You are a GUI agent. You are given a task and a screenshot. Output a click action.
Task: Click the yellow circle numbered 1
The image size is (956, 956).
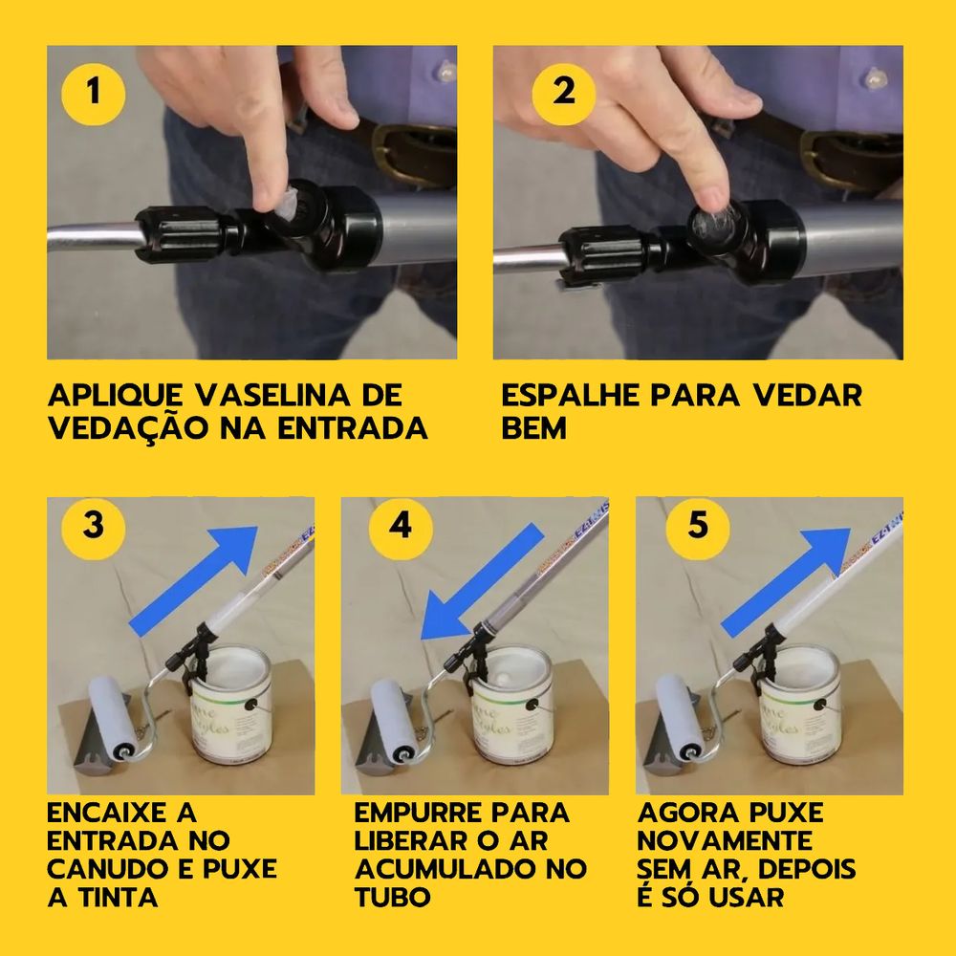point(94,94)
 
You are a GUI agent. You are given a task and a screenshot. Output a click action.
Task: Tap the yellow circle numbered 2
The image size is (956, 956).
point(563,94)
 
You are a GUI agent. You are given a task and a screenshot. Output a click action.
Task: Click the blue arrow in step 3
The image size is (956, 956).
point(195,579)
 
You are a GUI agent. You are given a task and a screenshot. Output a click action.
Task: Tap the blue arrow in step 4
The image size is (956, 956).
point(481,583)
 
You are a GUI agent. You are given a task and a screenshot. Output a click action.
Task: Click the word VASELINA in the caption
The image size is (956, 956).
point(275,396)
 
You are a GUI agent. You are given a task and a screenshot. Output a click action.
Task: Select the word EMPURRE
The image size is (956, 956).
point(419,813)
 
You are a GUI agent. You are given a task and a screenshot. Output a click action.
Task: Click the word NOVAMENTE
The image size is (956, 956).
point(725,840)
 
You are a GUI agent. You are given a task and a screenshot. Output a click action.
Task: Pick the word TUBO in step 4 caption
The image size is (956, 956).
point(393,898)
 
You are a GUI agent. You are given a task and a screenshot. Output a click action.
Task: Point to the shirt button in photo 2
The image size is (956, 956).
point(876,79)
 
